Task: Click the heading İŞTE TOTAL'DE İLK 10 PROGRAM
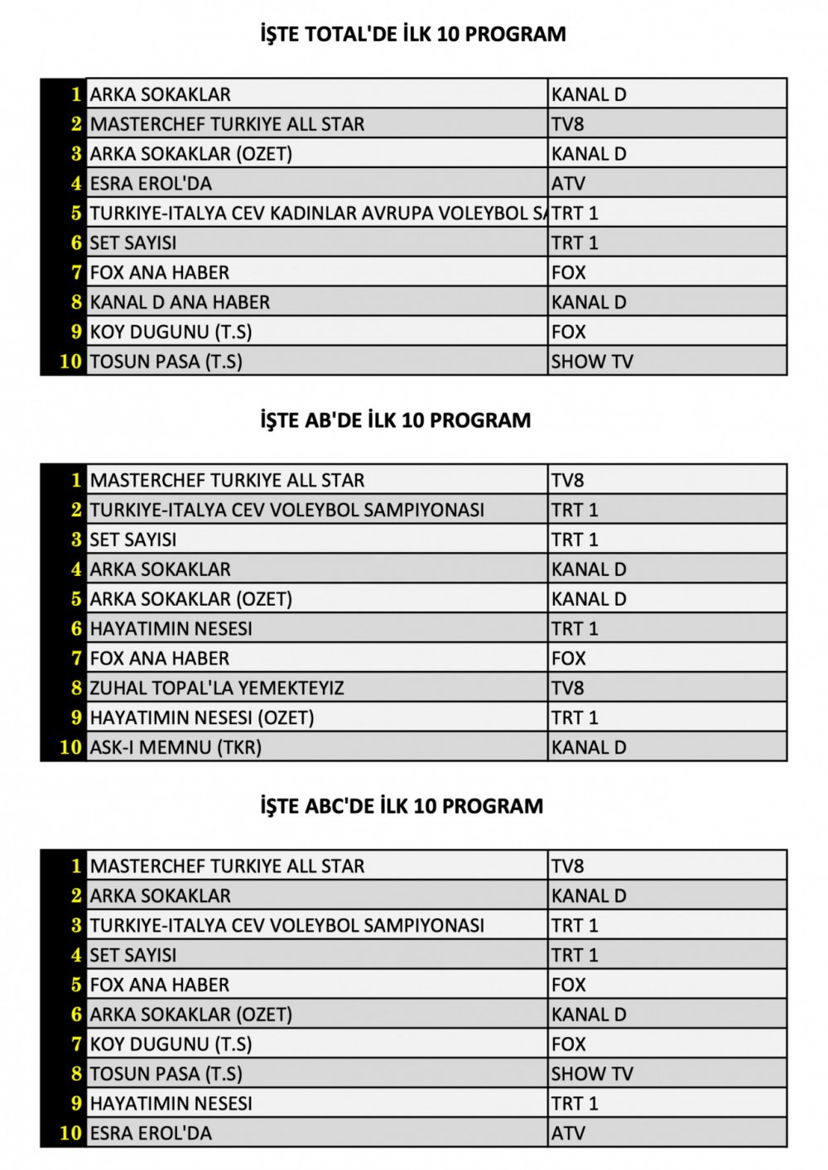413,34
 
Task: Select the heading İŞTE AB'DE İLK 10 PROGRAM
395,420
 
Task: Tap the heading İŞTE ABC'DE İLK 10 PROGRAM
402,805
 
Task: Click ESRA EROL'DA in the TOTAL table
151,183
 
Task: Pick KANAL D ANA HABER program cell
180,302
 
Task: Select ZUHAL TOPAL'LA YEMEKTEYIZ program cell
217,688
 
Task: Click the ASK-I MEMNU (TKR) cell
176,747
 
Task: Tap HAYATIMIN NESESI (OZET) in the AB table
202,717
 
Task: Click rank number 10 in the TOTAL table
71,361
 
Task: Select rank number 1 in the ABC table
76,866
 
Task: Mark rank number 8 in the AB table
76,688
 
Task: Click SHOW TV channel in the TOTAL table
592,361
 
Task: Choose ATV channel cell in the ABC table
568,1133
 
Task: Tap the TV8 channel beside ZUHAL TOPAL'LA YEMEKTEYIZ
568,688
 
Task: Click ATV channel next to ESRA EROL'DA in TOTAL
568,183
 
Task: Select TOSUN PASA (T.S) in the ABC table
166,1073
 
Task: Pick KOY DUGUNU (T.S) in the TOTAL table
171,331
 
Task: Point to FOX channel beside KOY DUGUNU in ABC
568,1043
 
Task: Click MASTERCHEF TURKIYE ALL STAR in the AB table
227,480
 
